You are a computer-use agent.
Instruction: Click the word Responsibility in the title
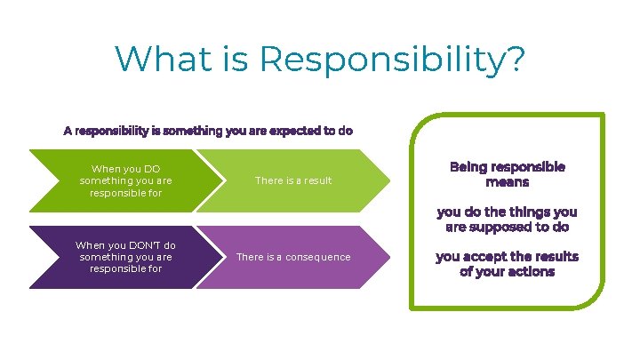pyautogui.click(x=392, y=60)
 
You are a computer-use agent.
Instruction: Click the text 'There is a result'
pyautogui.click(x=292, y=180)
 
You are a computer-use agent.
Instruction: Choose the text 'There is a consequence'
pyautogui.click(x=292, y=257)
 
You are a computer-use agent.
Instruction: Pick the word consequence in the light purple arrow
pyautogui.click(x=317, y=257)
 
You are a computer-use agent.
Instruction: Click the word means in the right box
pyautogui.click(x=507, y=181)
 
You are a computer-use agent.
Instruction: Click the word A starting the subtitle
pyautogui.click(x=68, y=131)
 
